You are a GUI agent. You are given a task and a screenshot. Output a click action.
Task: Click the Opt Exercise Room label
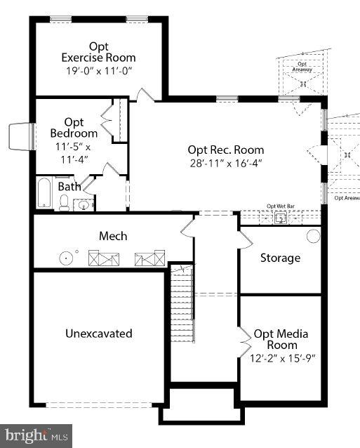click(x=98, y=51)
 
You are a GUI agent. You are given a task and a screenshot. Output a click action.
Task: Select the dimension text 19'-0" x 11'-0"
click(x=98, y=70)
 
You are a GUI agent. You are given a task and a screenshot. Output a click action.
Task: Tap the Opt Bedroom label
click(x=74, y=128)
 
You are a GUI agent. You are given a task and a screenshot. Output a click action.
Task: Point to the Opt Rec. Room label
click(x=225, y=150)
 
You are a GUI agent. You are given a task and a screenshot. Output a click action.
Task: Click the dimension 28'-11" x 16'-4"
click(x=225, y=163)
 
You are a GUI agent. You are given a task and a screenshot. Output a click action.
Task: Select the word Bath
click(x=69, y=187)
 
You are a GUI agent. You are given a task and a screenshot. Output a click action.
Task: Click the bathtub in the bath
click(x=44, y=193)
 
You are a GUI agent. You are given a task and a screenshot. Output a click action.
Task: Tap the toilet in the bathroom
click(x=64, y=204)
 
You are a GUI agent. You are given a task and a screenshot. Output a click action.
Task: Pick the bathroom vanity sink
click(x=84, y=205)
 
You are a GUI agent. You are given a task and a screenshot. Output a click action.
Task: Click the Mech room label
click(x=112, y=236)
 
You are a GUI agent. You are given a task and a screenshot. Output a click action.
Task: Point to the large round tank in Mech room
click(x=67, y=258)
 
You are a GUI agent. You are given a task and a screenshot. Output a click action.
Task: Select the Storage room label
click(x=280, y=258)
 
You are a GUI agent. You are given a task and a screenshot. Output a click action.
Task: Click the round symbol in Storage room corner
click(x=313, y=236)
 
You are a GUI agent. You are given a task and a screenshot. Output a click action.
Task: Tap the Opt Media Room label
click(x=281, y=339)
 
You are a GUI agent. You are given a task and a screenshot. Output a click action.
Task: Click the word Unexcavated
click(x=98, y=334)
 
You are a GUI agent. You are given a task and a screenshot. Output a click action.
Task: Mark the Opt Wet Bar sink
click(x=281, y=219)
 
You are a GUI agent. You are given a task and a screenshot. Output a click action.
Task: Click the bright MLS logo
click(x=35, y=435)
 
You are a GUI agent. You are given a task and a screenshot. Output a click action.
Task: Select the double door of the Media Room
click(x=244, y=341)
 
